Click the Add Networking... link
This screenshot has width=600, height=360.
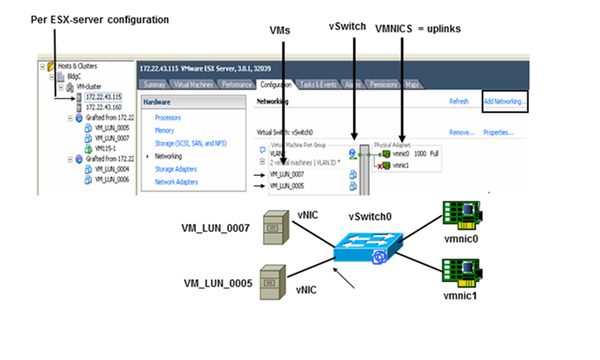click(505, 102)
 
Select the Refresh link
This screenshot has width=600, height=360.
click(459, 102)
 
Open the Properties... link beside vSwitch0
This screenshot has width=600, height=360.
click(498, 132)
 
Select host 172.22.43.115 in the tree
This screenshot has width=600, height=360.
click(104, 96)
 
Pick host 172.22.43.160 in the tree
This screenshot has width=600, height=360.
click(104, 107)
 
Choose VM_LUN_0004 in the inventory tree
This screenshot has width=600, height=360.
click(111, 169)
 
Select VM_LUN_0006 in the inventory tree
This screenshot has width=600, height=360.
click(111, 180)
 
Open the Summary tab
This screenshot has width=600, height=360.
click(155, 84)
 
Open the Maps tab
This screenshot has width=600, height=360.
click(413, 84)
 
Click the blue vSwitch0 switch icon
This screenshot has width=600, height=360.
click(367, 244)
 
